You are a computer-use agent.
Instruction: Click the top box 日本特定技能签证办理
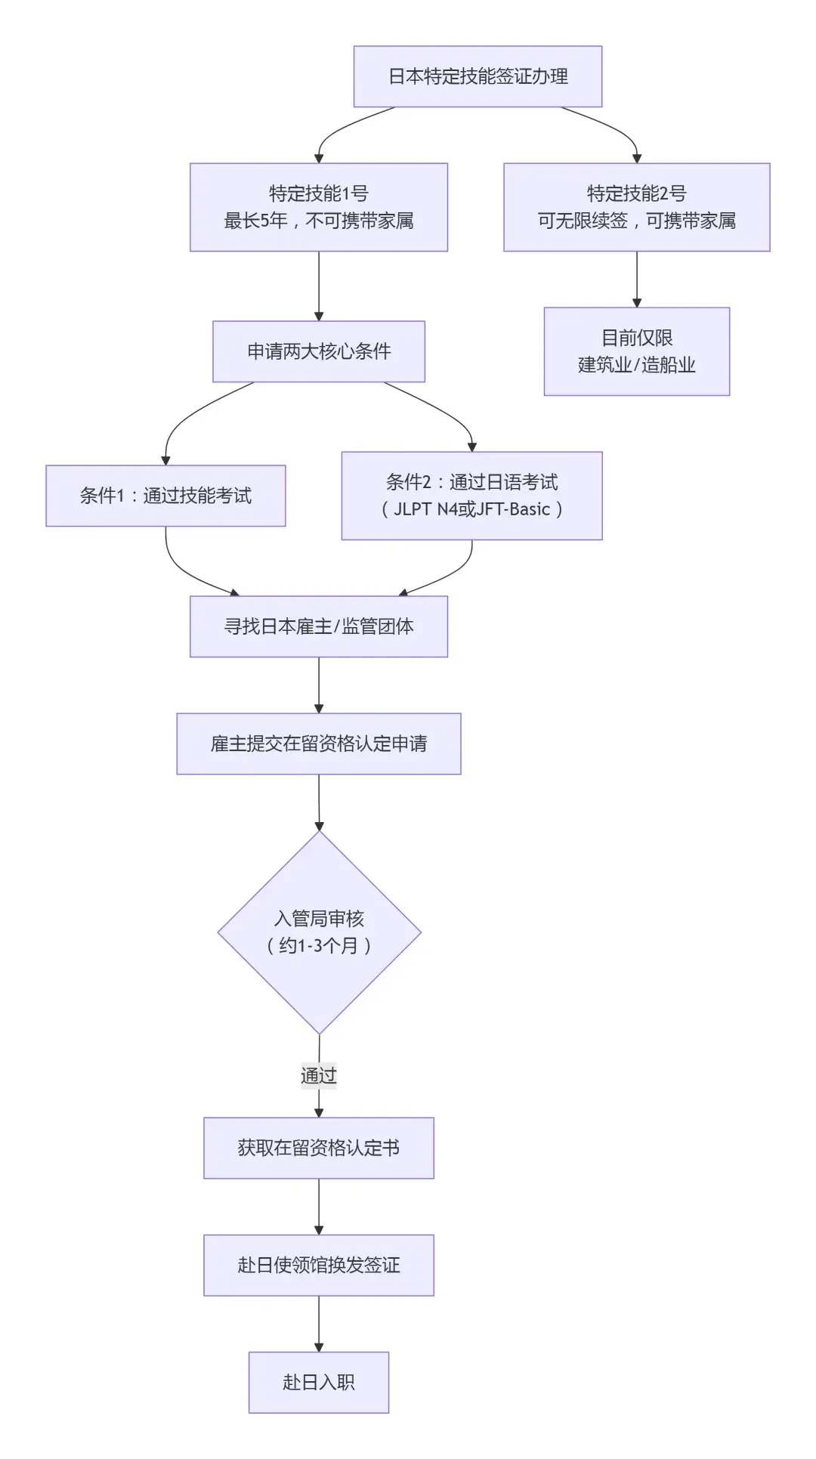(x=478, y=76)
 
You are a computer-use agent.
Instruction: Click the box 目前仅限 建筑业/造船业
(x=636, y=351)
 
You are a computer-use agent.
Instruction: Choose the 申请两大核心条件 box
(x=318, y=351)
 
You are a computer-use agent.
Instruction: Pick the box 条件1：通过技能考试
(x=165, y=496)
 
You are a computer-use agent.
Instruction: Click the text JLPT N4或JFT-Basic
(x=471, y=509)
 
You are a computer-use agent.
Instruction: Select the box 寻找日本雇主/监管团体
(x=318, y=626)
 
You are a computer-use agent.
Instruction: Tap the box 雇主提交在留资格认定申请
(x=318, y=743)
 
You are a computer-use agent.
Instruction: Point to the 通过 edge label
(x=318, y=1075)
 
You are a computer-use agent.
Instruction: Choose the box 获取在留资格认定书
(x=318, y=1148)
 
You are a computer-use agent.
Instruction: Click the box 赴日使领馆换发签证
(x=318, y=1265)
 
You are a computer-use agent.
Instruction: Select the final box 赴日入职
(x=318, y=1382)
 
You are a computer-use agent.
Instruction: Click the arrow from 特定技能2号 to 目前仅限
(x=636, y=279)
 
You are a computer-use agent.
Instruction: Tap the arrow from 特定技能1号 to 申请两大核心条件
(x=318, y=286)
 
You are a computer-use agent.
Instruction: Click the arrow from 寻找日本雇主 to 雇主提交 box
(x=318, y=685)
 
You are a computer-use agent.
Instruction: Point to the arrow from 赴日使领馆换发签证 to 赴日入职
(x=318, y=1324)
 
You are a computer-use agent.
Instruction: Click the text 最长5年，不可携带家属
(x=318, y=221)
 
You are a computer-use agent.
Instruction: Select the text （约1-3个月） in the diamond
(x=319, y=945)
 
